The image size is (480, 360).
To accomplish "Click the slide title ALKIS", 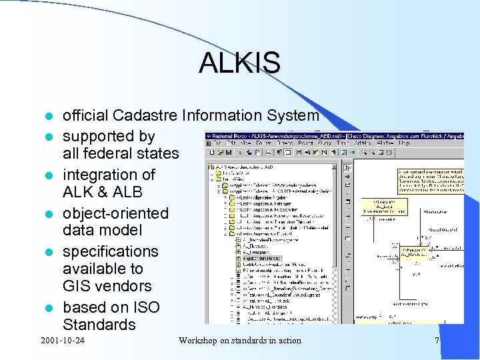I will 239,63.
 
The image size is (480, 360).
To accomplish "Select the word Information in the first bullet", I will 222,116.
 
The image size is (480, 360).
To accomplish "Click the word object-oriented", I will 115,213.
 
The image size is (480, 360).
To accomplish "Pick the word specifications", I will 110,252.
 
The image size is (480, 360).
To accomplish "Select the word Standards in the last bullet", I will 99,325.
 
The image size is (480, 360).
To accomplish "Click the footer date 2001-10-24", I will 66,341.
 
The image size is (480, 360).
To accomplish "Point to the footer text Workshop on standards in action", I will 239,341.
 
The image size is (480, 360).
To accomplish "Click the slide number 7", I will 437,341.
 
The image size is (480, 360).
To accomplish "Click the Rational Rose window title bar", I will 333,137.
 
